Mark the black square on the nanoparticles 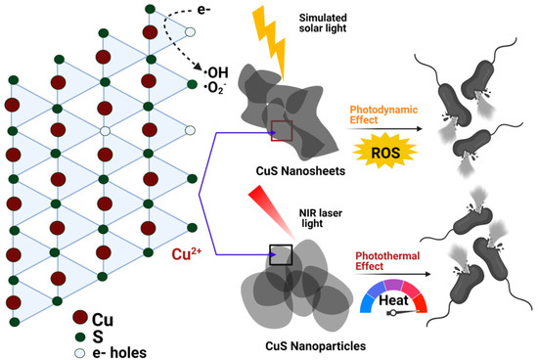pyautogui.click(x=282, y=256)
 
